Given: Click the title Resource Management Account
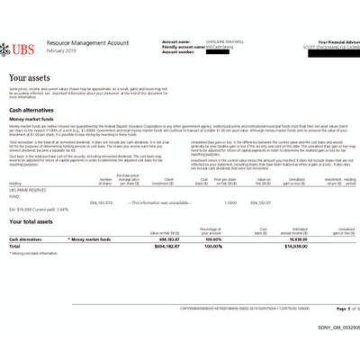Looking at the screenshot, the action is [98, 41].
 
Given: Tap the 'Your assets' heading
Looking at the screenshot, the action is [29, 78].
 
